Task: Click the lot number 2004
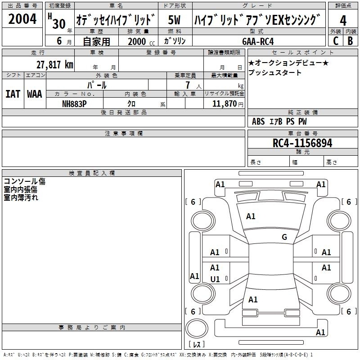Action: [22, 19]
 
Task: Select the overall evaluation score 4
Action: [343, 20]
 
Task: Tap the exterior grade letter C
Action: [336, 40]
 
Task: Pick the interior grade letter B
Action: [350, 40]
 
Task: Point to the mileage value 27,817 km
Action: [54, 64]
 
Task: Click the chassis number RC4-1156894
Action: [302, 143]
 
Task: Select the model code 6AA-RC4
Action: [257, 41]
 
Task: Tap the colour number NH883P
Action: [74, 103]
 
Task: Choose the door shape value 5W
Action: [175, 20]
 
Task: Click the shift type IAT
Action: [13, 94]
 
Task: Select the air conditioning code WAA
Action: [35, 94]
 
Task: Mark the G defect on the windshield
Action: [284, 237]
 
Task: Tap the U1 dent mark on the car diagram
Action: [215, 279]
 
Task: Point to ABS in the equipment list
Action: [258, 121]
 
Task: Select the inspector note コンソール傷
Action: [25, 182]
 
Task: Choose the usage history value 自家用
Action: [96, 41]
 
